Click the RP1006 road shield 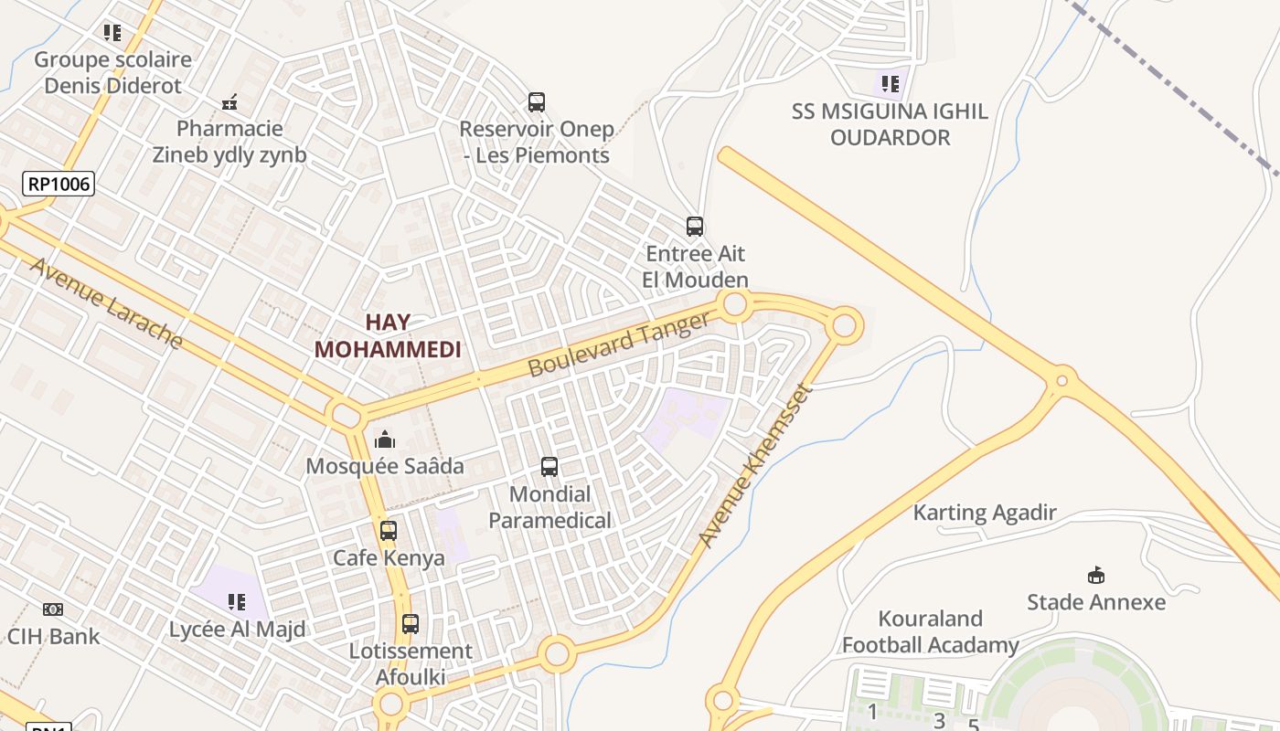click(59, 184)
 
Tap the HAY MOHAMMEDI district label click(388, 335)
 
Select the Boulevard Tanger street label click(619, 344)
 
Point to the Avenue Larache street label click(106, 303)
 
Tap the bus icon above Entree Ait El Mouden click(695, 226)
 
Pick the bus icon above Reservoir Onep click(537, 102)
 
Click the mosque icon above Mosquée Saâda click(385, 440)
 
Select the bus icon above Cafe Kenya click(389, 530)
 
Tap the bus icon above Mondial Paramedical click(549, 467)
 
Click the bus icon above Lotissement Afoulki click(411, 624)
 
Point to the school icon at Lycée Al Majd click(237, 602)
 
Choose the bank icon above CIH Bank click(53, 609)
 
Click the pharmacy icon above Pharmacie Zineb click(230, 101)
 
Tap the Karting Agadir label click(985, 513)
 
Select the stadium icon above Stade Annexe click(1095, 575)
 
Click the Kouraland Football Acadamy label click(930, 631)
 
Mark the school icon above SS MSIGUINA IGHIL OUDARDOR click(891, 84)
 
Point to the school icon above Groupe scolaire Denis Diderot click(112, 34)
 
